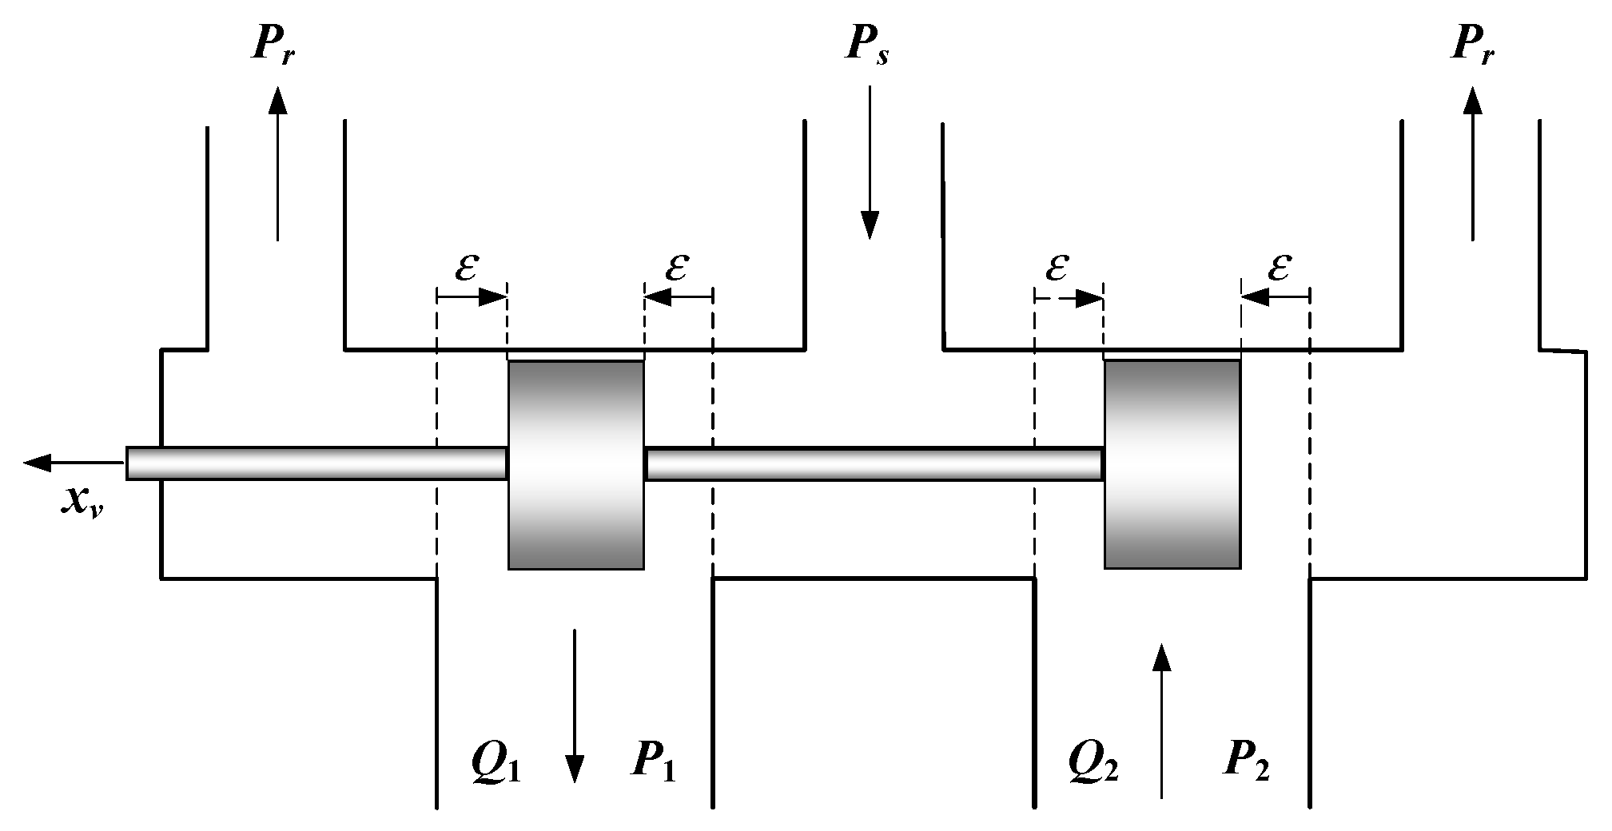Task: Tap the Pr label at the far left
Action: tap(274, 46)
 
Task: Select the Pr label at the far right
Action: tap(1472, 46)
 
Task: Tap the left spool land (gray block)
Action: tap(575, 464)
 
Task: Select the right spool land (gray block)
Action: tap(1172, 464)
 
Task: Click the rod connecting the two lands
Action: tap(874, 463)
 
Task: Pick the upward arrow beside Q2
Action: tap(1162, 719)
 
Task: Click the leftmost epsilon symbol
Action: tap(467, 268)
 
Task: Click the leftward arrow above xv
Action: tap(72, 462)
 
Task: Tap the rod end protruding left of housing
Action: tap(144, 463)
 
